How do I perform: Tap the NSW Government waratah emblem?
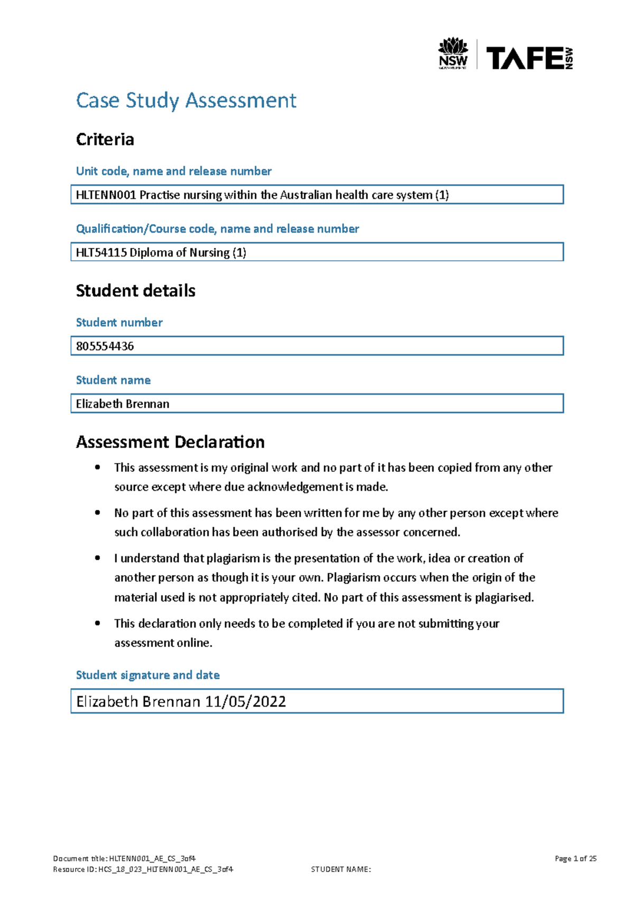[x=453, y=46]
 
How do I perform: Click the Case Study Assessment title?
[x=186, y=100]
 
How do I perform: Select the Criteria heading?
[x=105, y=140]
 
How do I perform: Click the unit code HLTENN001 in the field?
[x=106, y=195]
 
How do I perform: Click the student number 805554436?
[x=105, y=346]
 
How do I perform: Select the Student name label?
[x=113, y=380]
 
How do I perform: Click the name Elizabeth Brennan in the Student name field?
[x=123, y=404]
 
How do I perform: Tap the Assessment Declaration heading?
[x=170, y=442]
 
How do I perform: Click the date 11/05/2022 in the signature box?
[x=246, y=702]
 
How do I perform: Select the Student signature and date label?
[x=147, y=675]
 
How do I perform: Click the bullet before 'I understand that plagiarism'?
[x=97, y=558]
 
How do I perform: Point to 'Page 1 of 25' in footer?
[x=575, y=859]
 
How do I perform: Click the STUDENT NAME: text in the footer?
[x=341, y=869]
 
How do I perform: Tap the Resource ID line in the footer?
[x=143, y=869]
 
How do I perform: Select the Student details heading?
[x=135, y=291]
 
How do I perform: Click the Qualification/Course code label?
[x=217, y=229]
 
